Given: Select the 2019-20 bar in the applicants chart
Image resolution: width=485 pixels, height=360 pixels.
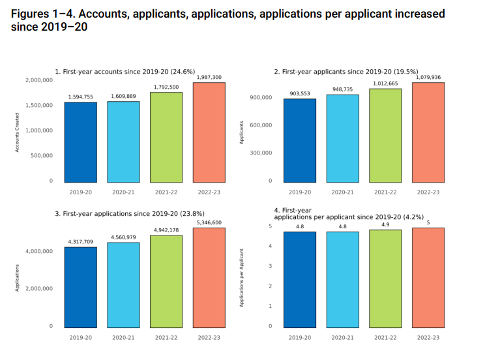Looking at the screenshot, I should [300, 140].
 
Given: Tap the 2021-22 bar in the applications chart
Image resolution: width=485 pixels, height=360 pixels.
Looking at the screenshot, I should [167, 281].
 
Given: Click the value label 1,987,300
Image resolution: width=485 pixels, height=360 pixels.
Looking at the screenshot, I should [209, 78].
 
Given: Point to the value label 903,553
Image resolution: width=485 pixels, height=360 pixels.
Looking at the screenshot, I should [300, 94].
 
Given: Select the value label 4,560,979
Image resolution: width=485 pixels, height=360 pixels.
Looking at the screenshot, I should [124, 237].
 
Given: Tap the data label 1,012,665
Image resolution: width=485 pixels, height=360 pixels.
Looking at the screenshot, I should [385, 83].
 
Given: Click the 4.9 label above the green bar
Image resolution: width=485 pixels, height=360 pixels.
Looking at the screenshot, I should [385, 225].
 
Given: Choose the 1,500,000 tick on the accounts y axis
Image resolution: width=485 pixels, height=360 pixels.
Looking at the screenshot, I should [39, 105].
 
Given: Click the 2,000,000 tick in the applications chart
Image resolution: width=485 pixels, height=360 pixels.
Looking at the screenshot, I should [39, 288].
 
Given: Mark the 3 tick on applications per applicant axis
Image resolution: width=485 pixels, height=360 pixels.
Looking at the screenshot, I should [271, 266].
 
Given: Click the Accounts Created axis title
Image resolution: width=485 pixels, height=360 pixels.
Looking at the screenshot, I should [18, 133].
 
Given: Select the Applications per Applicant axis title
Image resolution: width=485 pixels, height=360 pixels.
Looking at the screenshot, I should [241, 278].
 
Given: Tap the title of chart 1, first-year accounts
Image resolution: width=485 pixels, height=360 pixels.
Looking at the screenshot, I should [125, 71].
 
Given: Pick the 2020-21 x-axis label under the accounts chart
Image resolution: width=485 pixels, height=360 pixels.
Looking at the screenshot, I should [124, 192].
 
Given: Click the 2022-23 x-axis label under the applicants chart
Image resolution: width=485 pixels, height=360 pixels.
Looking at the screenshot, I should [428, 192].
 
